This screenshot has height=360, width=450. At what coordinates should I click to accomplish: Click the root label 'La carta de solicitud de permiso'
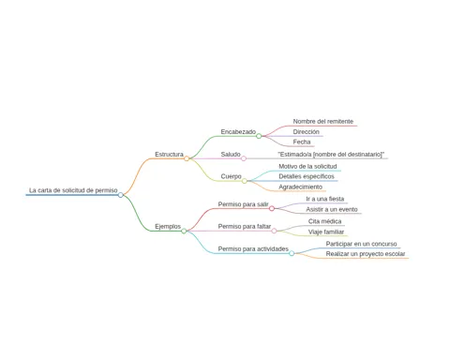click(73, 190)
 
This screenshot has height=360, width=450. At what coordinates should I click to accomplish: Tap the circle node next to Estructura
click(187, 158)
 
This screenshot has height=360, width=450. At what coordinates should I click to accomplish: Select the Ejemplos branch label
click(168, 227)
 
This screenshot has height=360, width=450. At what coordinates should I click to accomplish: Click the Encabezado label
click(238, 132)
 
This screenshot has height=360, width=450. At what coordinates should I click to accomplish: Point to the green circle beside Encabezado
click(259, 136)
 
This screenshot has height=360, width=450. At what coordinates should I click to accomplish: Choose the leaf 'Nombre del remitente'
click(323, 122)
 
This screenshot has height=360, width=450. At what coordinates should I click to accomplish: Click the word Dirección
click(306, 132)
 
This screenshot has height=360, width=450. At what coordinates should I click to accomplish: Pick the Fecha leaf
click(302, 142)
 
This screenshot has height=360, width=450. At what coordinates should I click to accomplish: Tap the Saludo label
click(231, 155)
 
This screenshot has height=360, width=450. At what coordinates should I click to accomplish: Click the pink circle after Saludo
click(244, 158)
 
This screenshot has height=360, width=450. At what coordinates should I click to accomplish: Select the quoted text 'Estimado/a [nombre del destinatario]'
click(331, 155)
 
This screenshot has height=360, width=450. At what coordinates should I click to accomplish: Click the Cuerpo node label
click(231, 176)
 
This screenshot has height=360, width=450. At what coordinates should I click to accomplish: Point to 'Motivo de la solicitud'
click(307, 167)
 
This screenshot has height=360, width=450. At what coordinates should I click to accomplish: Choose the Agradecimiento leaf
click(300, 187)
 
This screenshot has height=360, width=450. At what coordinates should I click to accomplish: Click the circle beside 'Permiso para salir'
click(272, 208)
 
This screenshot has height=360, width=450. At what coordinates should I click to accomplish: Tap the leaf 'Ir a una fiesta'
click(325, 199)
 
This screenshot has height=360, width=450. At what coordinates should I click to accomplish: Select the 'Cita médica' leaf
click(324, 221)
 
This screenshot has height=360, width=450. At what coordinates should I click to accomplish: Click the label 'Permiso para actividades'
click(253, 249)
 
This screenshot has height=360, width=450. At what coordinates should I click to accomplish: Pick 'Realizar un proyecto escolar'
click(366, 254)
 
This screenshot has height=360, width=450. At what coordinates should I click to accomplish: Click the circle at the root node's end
click(121, 195)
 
